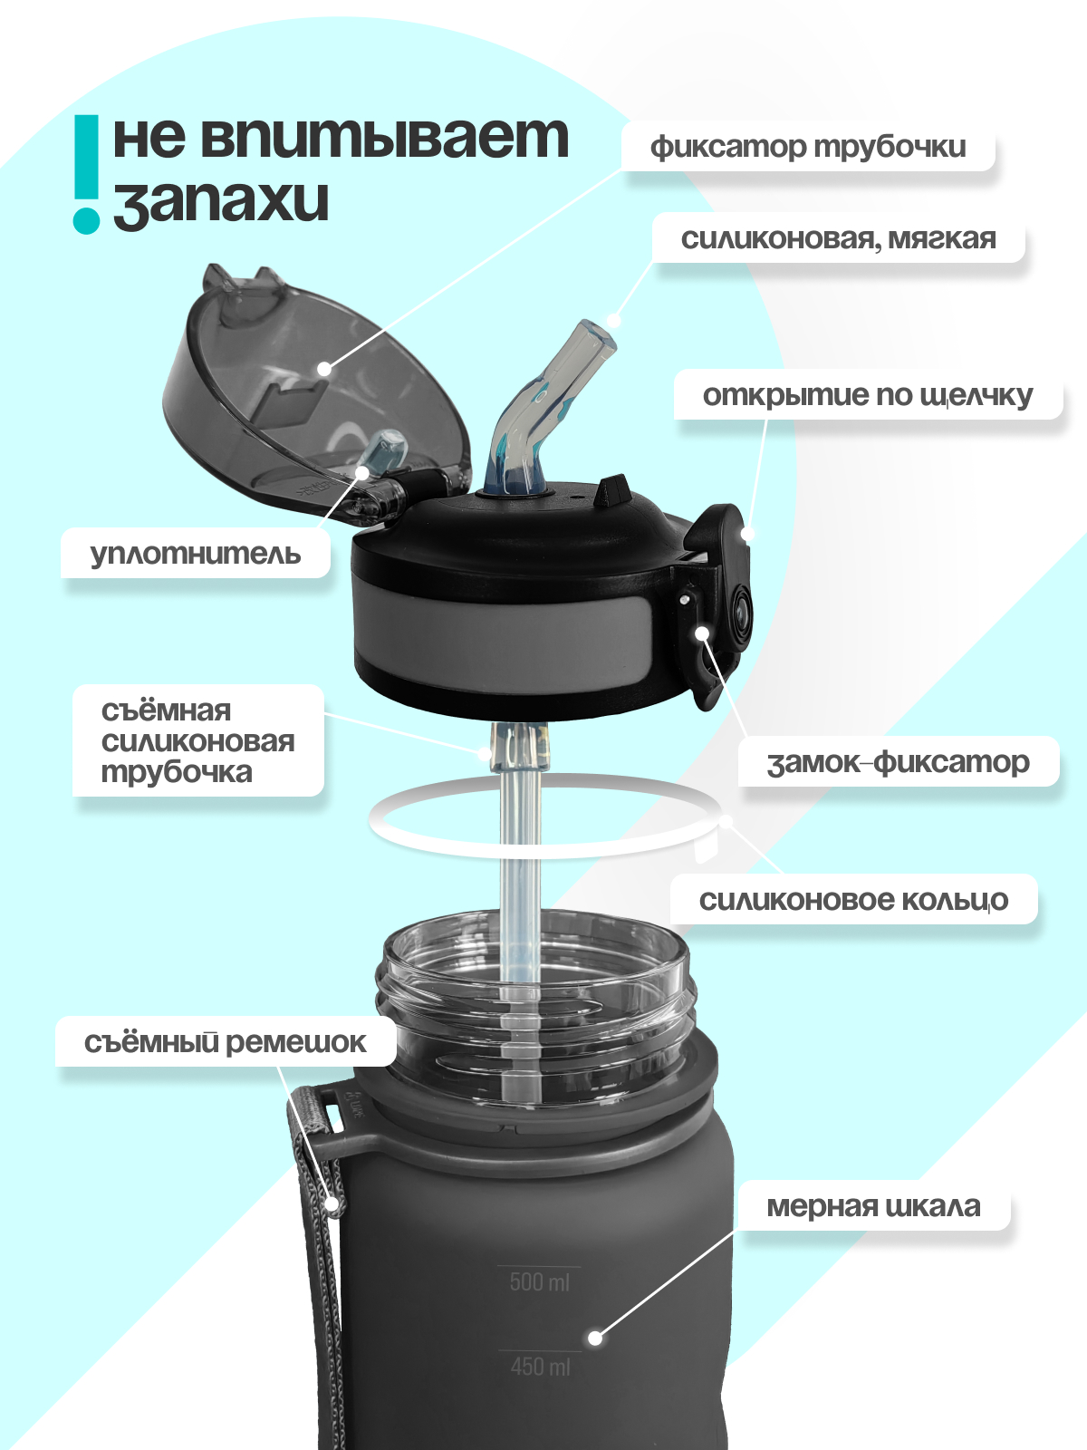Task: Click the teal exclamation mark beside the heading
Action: pyautogui.click(x=86, y=172)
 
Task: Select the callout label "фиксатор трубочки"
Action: pyautogui.click(x=807, y=147)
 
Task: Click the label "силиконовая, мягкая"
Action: pyautogui.click(x=838, y=239)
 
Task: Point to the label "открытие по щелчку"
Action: pyautogui.click(x=867, y=395)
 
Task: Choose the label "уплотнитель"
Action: pyautogui.click(x=195, y=554)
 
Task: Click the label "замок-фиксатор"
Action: pyautogui.click(x=898, y=762)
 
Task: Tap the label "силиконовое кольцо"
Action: pyautogui.click(x=852, y=900)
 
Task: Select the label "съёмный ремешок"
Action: pyautogui.click(x=225, y=1042)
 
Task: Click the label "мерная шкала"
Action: pyautogui.click(x=873, y=1206)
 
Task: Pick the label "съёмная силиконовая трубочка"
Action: pyautogui.click(x=197, y=741)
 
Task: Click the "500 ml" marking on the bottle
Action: pyautogui.click(x=539, y=1281)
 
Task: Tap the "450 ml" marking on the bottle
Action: pyautogui.click(x=540, y=1366)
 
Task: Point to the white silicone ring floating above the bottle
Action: pyautogui.click(x=543, y=847)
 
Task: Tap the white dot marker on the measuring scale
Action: pyautogui.click(x=594, y=1338)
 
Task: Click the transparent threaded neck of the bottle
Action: pyautogui.click(x=534, y=1006)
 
